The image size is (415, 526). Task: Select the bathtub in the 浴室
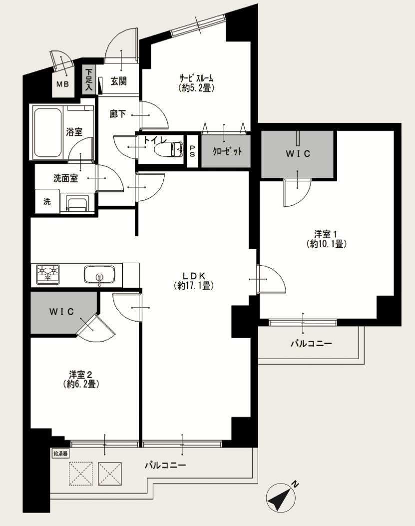47,132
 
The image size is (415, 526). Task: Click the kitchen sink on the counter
99,275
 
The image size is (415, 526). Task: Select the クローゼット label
227,151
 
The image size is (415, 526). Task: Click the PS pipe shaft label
192,151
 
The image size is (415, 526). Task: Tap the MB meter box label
62,84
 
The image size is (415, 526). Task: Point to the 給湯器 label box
61,454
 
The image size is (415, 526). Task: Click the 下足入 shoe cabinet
89,79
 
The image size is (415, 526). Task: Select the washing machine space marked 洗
47,201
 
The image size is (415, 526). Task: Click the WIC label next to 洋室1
298,154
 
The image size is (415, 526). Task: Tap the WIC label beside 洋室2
61,312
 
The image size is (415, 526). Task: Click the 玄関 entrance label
119,81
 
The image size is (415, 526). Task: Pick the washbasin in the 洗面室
76,204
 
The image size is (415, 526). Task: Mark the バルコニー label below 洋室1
311,344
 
